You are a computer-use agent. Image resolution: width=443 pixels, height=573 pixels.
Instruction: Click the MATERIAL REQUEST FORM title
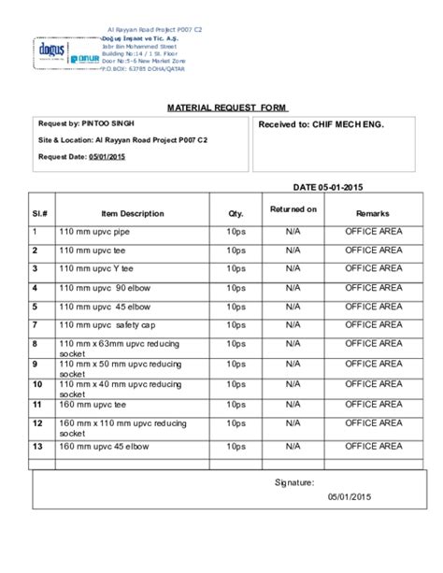click(221, 107)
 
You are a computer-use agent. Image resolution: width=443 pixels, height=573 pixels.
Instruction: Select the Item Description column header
click(133, 214)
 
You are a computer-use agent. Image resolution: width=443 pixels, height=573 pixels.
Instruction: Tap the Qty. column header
click(235, 214)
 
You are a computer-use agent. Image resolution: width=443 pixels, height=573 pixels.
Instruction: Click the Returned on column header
click(293, 209)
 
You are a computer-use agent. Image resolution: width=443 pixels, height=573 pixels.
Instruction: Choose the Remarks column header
click(373, 214)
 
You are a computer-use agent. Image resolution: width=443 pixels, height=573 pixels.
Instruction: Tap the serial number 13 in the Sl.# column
click(37, 447)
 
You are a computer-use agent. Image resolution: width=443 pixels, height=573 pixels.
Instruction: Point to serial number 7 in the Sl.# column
click(35, 324)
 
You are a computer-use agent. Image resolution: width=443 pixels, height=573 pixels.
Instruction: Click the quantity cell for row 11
click(235, 405)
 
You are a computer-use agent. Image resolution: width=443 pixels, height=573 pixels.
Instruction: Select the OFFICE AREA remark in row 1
click(373, 231)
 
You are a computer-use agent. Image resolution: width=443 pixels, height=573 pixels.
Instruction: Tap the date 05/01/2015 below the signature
click(350, 498)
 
